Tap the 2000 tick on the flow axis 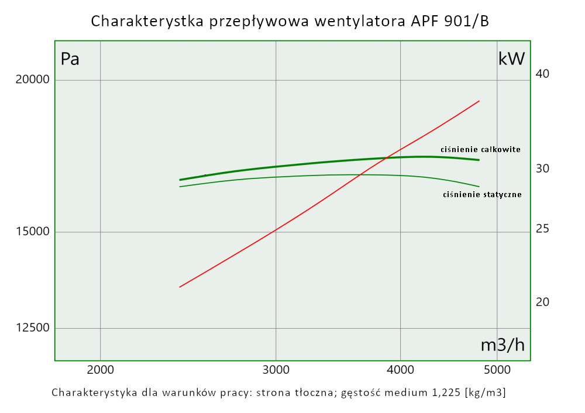(x=101, y=369)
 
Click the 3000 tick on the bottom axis (x=276, y=369)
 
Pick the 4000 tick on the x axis (x=400, y=369)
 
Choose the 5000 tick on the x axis (x=497, y=369)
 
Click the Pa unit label (x=70, y=59)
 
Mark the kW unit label (x=512, y=58)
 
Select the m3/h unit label (x=503, y=345)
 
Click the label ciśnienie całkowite (x=480, y=150)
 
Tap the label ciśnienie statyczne (x=482, y=194)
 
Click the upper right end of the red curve (x=479, y=101)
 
